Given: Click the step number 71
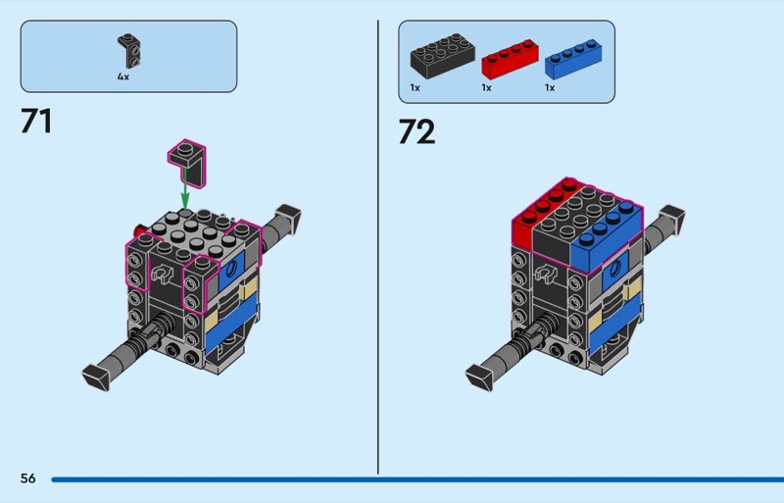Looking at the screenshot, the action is (x=36, y=122).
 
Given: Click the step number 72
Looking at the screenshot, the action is (x=416, y=132).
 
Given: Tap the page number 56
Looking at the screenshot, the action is (x=28, y=478).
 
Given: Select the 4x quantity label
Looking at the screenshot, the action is (x=123, y=76).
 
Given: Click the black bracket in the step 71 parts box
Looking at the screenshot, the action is (x=129, y=51).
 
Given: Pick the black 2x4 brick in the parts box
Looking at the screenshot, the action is (x=442, y=56).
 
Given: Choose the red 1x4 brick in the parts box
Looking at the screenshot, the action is (x=510, y=59).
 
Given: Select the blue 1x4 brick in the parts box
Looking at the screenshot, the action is (x=573, y=59).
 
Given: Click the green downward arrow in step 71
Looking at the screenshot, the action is (x=185, y=187).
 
